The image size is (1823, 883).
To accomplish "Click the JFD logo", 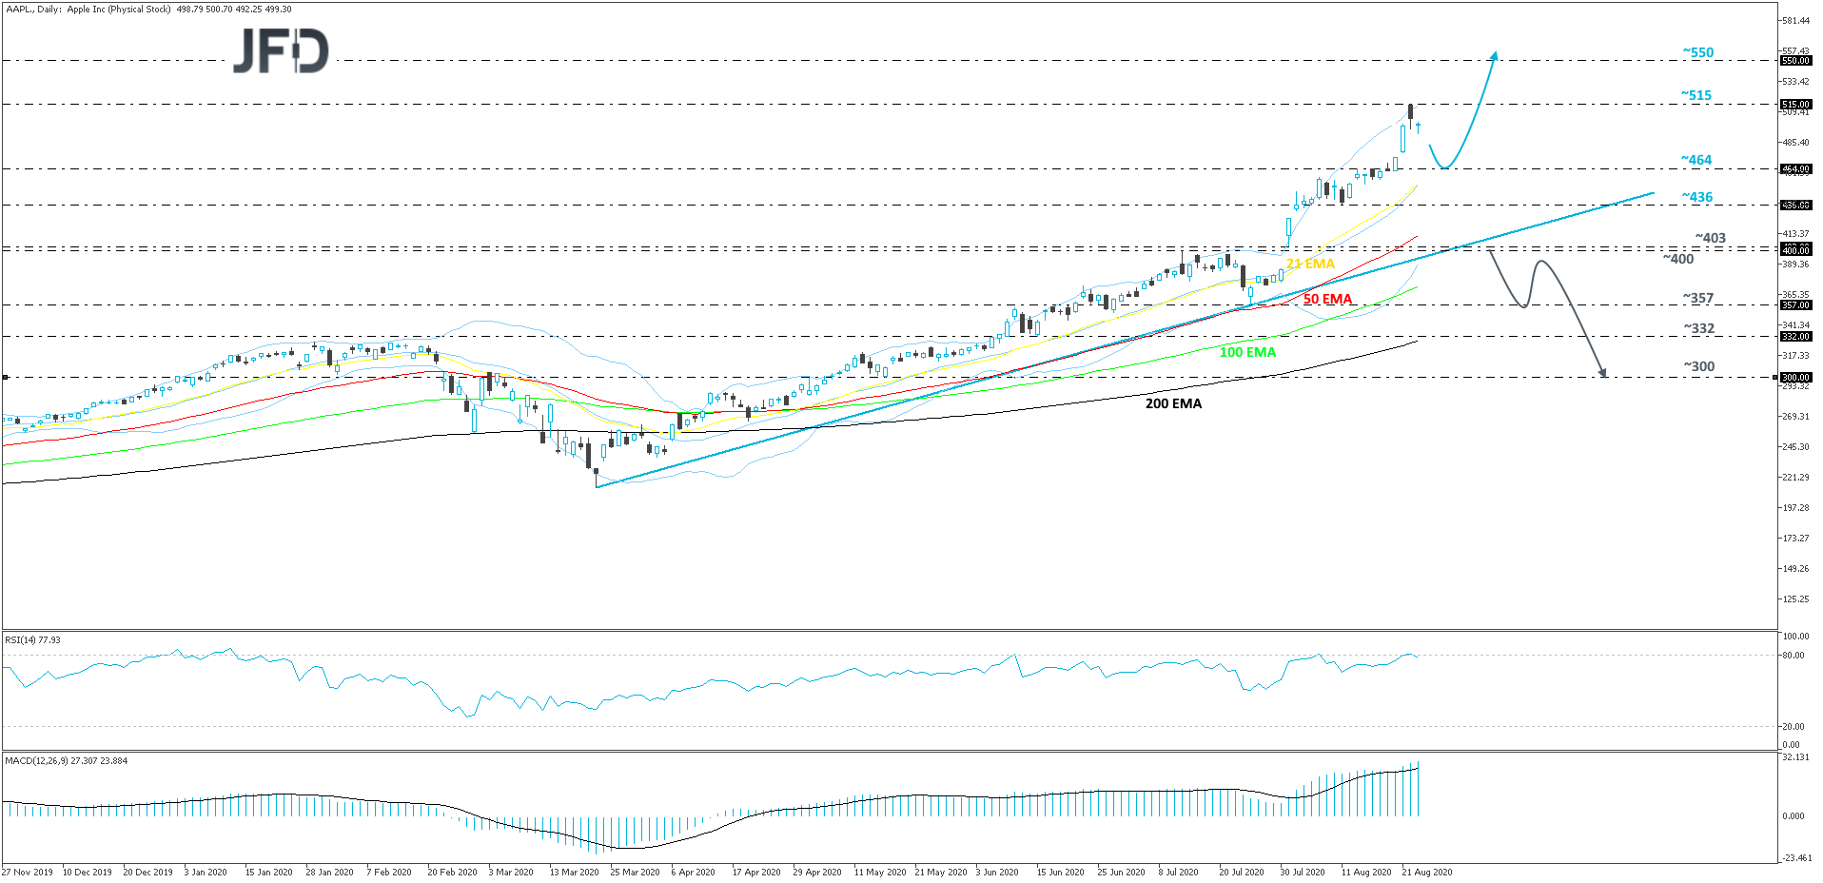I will point(281,50).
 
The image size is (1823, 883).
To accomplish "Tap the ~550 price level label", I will point(1697,52).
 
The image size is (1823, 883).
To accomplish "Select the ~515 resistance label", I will point(1696,95).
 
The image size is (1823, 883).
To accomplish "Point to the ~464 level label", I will point(1696,160).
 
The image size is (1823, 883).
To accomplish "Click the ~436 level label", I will point(1696,197).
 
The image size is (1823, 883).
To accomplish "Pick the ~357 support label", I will point(1697,298).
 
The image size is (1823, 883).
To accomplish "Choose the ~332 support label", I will point(1698,328).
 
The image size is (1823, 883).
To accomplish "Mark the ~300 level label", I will point(1698,366).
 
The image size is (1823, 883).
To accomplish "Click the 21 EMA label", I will point(1310,264).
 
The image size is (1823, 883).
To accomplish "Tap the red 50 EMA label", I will point(1327,299).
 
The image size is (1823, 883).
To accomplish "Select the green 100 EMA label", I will point(1247,352).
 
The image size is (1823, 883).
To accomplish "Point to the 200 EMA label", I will point(1173,403).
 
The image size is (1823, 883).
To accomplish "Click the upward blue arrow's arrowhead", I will point(1494,54).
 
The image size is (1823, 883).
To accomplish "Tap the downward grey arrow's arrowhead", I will point(1603,373).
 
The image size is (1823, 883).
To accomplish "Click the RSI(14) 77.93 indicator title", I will point(32,640).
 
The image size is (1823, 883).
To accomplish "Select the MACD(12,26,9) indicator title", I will point(66,761).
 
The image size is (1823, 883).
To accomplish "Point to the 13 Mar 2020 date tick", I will point(574,872).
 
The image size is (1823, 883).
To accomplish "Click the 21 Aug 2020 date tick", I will point(1426,872).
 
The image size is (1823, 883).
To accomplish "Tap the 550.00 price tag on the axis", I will point(1795,61).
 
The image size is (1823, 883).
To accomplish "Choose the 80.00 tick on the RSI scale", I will point(1793,656).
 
